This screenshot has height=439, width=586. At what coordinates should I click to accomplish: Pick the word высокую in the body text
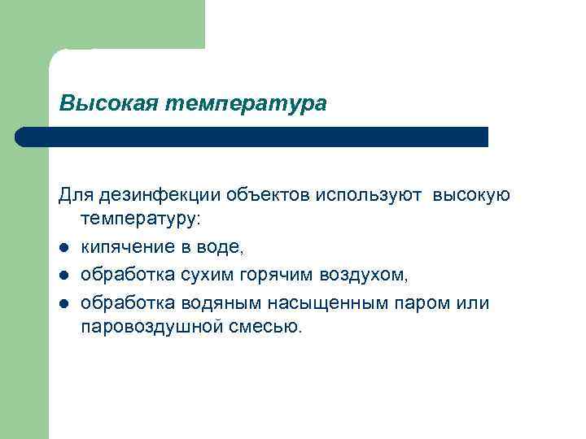pyautogui.click(x=471, y=195)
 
